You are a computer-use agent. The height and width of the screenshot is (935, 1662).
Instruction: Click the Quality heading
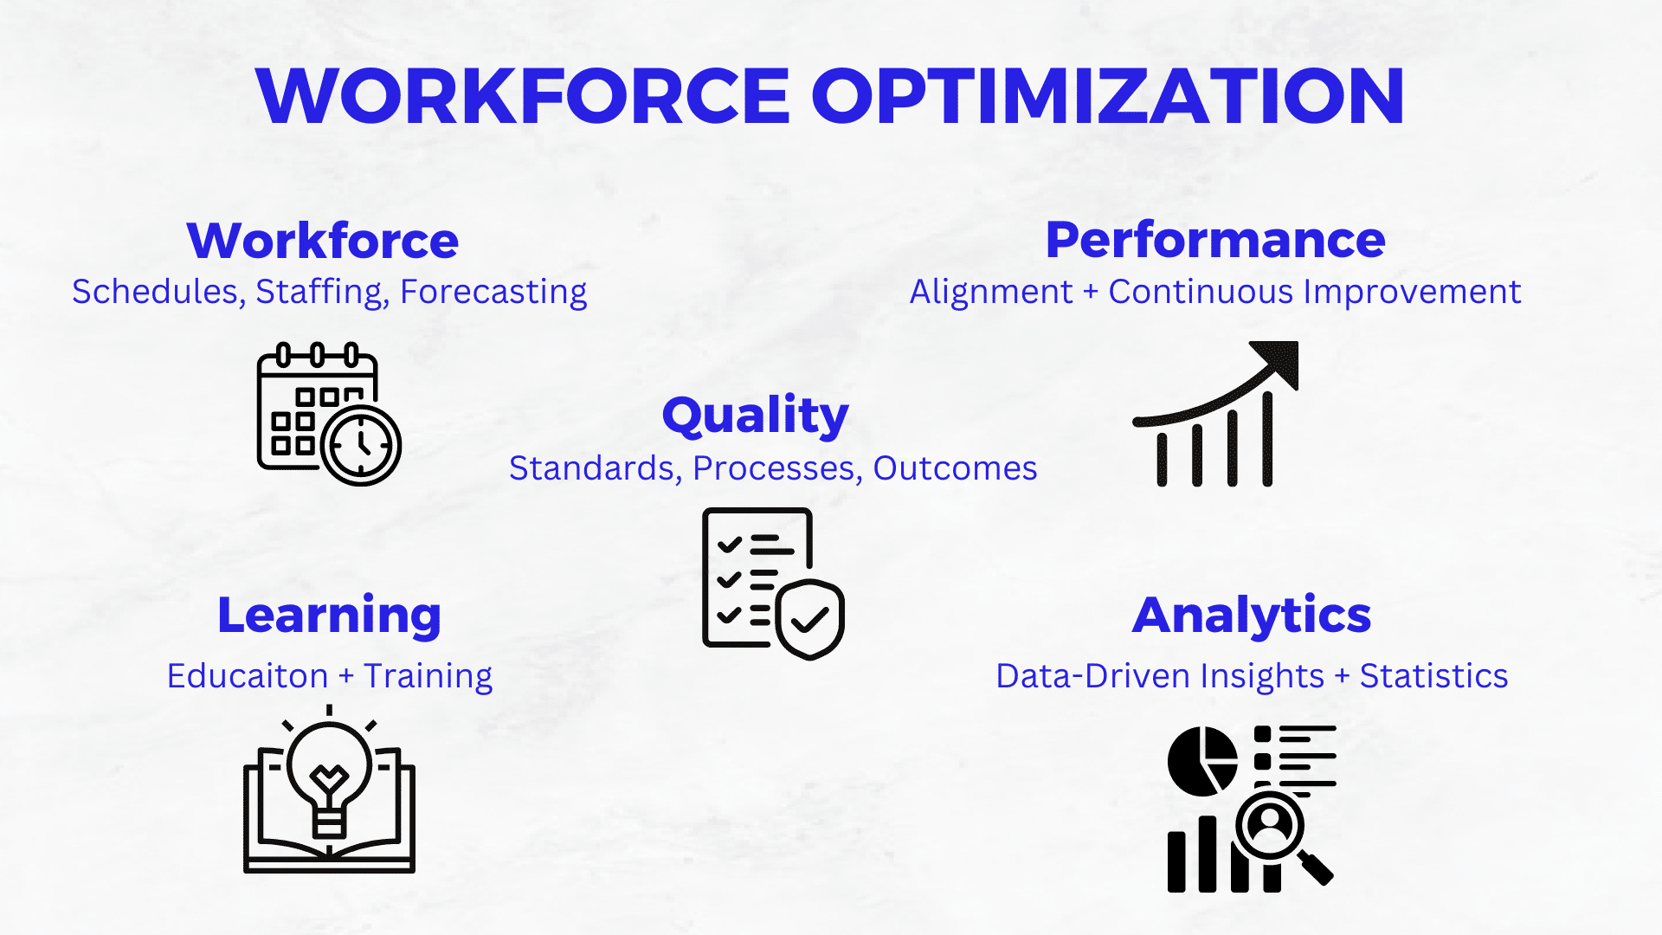(756, 416)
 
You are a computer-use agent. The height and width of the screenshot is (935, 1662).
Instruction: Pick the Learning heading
(330, 616)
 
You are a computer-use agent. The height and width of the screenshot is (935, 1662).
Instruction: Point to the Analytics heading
(1252, 616)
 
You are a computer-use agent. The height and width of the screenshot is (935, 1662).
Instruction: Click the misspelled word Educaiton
(248, 675)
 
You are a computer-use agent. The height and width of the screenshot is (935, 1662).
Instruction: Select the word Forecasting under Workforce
(493, 293)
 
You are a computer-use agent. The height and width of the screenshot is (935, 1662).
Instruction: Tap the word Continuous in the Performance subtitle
(1201, 292)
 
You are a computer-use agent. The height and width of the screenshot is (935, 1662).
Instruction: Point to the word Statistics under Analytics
(1433, 675)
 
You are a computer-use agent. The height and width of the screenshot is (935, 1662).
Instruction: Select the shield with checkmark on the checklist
(810, 618)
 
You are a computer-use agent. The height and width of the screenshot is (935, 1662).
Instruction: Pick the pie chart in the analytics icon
(1202, 761)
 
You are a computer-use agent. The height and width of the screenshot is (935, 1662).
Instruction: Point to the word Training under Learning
(428, 676)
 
